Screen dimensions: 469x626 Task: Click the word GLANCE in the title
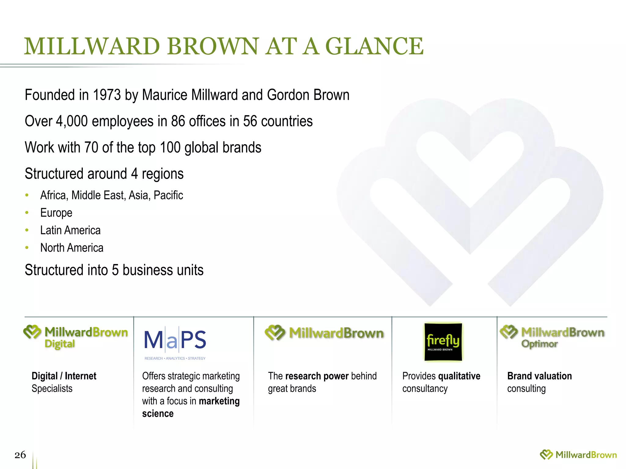[375, 46]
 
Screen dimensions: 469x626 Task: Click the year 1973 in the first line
[107, 95]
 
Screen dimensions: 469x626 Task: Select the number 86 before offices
[178, 121]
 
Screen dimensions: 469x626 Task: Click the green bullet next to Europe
[27, 213]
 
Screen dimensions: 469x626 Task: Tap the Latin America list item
[70, 230]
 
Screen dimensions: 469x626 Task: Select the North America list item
[72, 248]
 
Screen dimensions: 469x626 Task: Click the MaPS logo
[175, 340]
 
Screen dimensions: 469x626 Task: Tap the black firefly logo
[443, 342]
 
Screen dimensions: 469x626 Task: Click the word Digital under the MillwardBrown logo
[60, 344]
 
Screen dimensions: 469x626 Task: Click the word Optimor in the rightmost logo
[539, 344]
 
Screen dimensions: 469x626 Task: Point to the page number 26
[20, 455]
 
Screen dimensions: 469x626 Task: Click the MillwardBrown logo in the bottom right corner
[578, 455]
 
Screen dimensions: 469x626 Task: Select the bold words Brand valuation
[539, 376]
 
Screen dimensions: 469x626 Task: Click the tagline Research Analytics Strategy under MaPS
[175, 358]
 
